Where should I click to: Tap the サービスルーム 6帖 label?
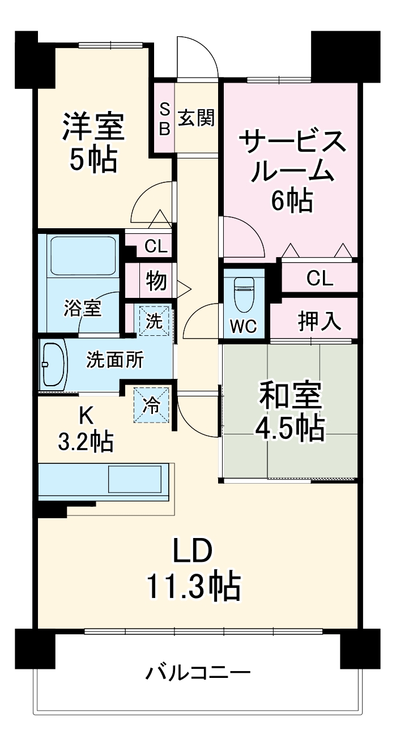pos(292,169)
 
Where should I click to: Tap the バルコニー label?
pos(198,673)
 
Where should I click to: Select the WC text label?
pos(244,326)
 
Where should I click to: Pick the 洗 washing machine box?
pos(155,321)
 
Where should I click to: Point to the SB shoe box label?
pos(164,119)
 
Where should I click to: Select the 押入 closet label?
pos(320,321)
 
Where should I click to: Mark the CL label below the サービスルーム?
pos(320,278)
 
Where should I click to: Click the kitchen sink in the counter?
pos(135,479)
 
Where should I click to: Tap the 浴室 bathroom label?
pos(83,309)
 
